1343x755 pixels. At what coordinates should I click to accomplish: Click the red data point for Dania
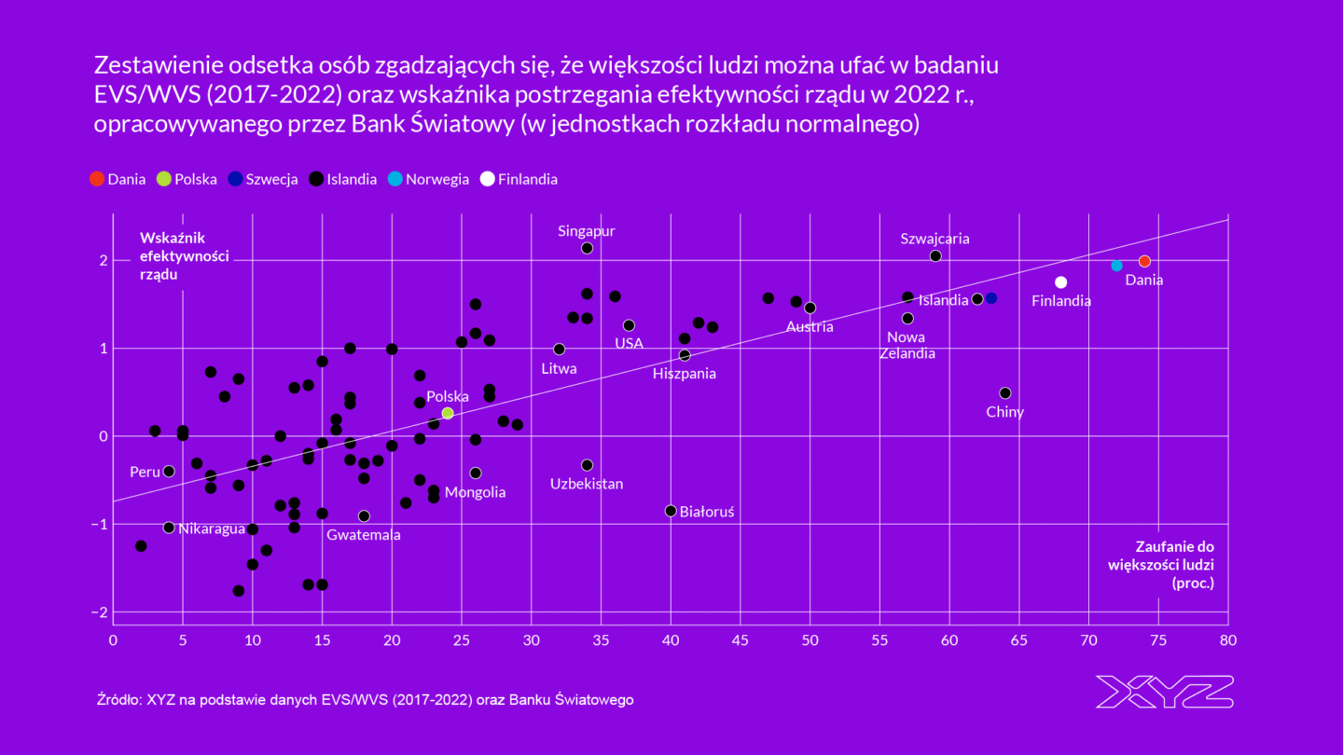pyautogui.click(x=1144, y=261)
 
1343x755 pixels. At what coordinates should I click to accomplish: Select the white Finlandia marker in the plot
pyautogui.click(x=1060, y=282)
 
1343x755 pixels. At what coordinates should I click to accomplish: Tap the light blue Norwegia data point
pyautogui.click(x=1116, y=266)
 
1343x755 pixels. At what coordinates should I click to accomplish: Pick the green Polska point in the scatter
pyautogui.click(x=448, y=413)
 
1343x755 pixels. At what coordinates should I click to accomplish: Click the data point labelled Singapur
pyautogui.click(x=587, y=248)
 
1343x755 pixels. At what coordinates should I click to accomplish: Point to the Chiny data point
pyautogui.click(x=1004, y=393)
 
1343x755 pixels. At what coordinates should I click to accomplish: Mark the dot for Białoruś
pyautogui.click(x=671, y=511)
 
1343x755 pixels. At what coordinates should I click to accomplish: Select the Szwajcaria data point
pyautogui.click(x=935, y=255)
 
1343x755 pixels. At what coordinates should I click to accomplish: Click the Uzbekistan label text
pyautogui.click(x=587, y=484)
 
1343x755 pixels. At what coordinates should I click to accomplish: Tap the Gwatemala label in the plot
pyautogui.click(x=364, y=535)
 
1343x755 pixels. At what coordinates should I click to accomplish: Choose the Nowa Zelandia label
pyautogui.click(x=907, y=345)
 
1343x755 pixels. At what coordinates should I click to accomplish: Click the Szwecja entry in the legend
pyautogui.click(x=263, y=179)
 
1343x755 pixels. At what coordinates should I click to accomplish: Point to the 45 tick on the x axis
pyautogui.click(x=741, y=640)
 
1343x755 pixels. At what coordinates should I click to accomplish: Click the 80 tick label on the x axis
pyautogui.click(x=1228, y=640)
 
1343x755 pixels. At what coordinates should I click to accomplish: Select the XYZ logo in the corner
pyautogui.click(x=1164, y=692)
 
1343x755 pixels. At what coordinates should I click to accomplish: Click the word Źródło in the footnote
pyautogui.click(x=118, y=699)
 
